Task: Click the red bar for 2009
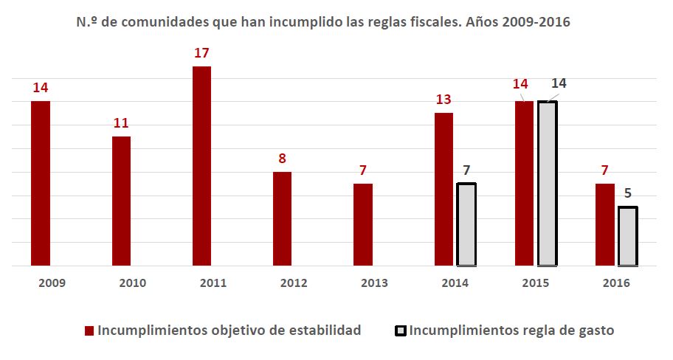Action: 41,183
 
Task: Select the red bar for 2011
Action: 201,166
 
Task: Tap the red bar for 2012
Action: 282,218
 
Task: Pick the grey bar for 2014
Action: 466,224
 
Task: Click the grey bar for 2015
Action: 547,183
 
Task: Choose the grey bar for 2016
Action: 627,236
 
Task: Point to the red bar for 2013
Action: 363,224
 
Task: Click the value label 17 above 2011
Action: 201,53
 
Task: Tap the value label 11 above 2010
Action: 121,123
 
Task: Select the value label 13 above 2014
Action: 444,100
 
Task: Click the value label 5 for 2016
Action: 627,194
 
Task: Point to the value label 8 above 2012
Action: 282,159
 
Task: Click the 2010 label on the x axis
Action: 121,283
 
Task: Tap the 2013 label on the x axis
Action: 375,283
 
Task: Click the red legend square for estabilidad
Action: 90,331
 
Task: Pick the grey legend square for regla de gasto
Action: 400,331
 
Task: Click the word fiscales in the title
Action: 433,22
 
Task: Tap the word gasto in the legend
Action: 595,331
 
